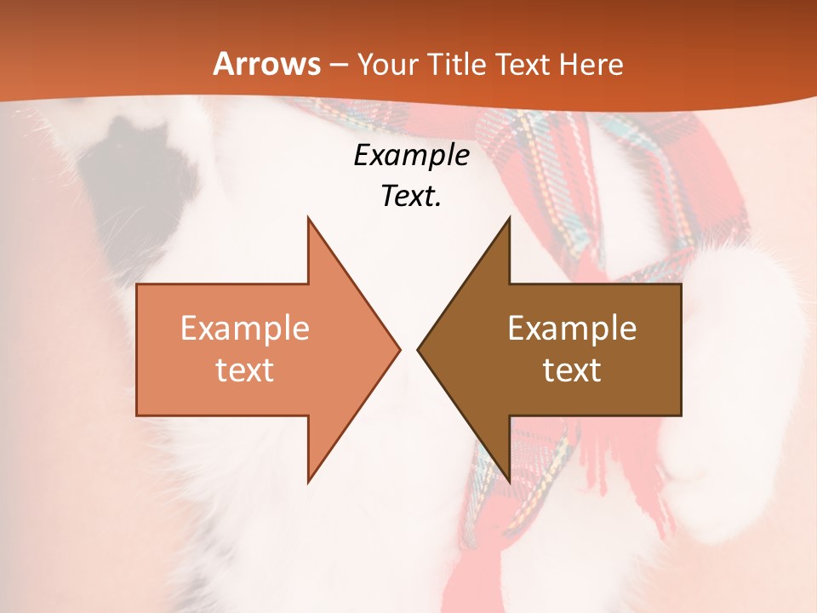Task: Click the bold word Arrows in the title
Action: pos(266,64)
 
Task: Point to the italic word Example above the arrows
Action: pos(411,155)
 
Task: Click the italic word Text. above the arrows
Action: pos(411,196)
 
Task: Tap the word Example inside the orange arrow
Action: pos(245,329)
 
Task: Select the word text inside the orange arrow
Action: pos(245,370)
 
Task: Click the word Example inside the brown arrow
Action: pos(572,329)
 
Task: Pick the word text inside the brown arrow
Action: pos(572,370)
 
